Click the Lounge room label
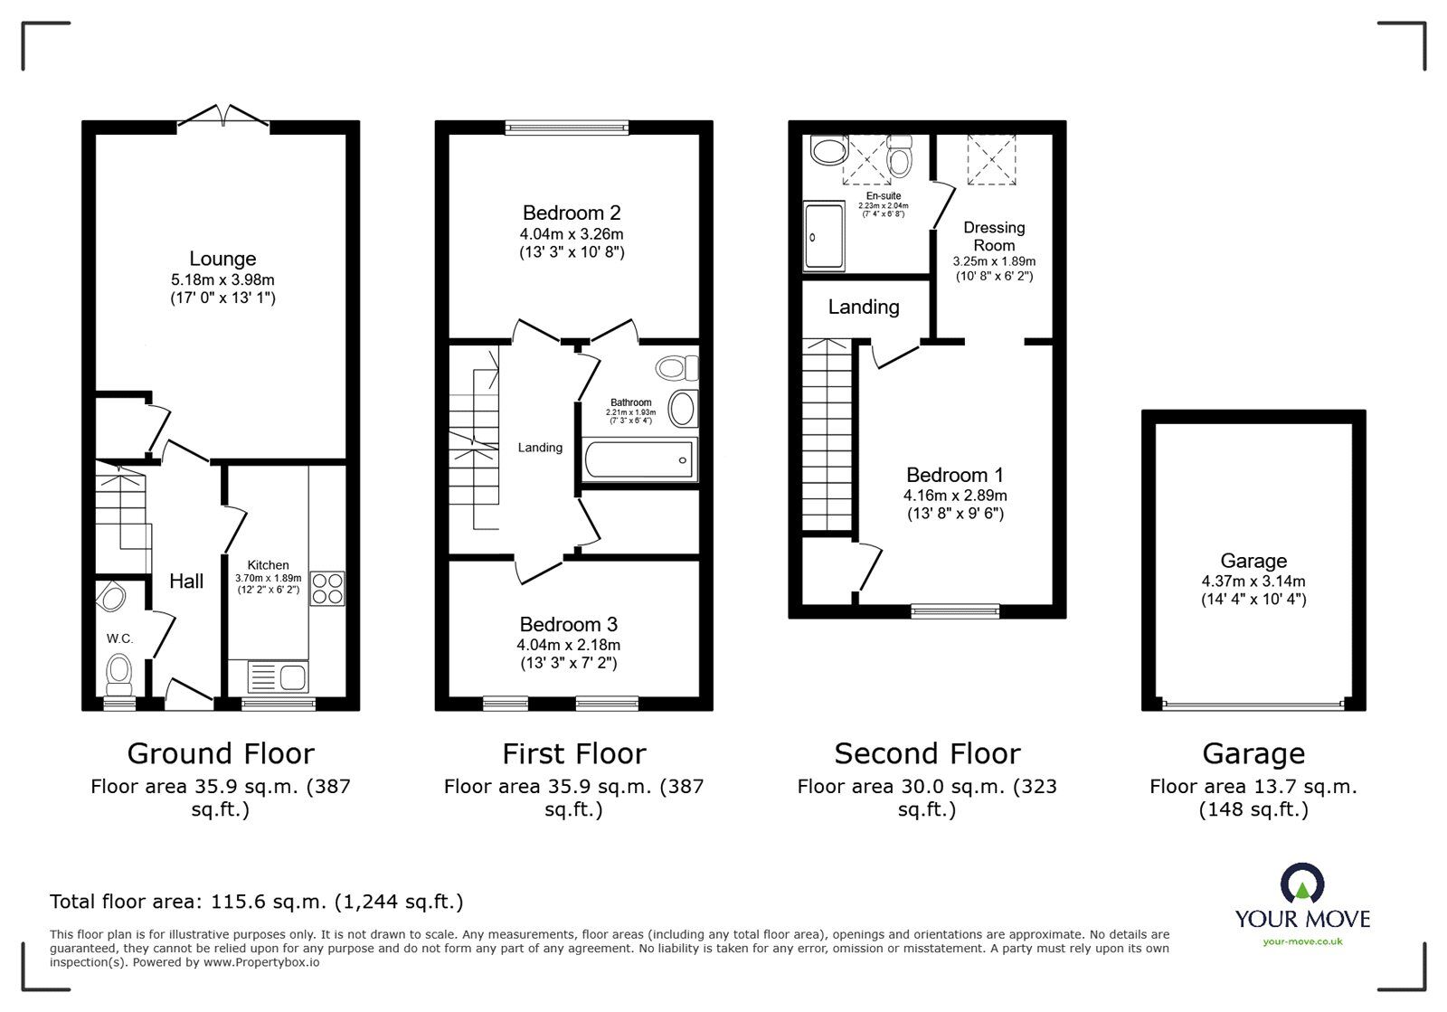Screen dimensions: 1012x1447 [222, 260]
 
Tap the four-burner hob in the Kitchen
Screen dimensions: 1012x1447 [327, 589]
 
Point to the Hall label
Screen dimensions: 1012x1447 [186, 582]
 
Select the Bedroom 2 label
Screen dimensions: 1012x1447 [572, 213]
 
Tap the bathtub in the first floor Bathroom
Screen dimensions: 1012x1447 [640, 459]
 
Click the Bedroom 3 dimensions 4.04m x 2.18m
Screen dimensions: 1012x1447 [569, 645]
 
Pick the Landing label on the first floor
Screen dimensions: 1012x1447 [540, 448]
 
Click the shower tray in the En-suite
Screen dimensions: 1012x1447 [824, 237]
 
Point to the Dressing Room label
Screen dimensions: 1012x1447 [994, 236]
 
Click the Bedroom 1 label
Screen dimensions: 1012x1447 [955, 475]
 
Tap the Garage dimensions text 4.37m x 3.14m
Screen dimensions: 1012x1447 [1253, 582]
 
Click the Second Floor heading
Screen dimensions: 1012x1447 [927, 753]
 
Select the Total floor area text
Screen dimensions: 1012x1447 [257, 902]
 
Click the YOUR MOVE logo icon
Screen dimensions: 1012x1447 [1302, 885]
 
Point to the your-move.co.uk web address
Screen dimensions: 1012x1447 [1302, 941]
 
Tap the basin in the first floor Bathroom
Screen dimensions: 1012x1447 [682, 409]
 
